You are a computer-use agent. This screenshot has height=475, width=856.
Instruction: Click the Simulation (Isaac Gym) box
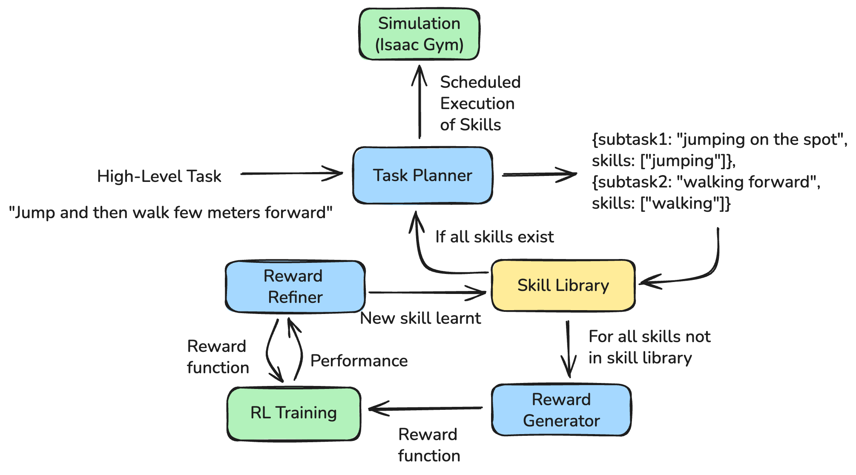[x=419, y=34]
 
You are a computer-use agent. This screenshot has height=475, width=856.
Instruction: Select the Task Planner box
[x=422, y=176]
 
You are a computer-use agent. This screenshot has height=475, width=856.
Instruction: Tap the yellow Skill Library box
[x=563, y=285]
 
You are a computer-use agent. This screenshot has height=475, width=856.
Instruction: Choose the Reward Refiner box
[x=295, y=286]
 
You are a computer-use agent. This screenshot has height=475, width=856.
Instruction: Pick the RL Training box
[x=294, y=413]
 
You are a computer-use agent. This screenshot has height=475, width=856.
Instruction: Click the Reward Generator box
[x=561, y=410]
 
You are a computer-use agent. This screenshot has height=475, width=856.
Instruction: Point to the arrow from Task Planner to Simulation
[x=419, y=102]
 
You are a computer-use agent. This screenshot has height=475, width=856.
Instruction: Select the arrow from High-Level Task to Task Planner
[x=292, y=173]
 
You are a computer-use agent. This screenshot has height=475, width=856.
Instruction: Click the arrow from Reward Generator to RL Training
[x=426, y=409]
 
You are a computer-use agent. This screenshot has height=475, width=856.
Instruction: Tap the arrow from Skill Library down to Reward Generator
[x=568, y=349]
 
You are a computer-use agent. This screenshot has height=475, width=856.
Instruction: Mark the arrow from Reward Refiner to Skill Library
[x=426, y=293]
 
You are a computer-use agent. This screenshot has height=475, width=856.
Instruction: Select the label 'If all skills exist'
[x=494, y=237]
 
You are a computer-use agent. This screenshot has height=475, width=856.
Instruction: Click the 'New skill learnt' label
[x=420, y=318]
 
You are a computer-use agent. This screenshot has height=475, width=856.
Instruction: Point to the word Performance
[x=359, y=361]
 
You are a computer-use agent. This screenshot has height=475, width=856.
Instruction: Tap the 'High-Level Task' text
[x=159, y=176]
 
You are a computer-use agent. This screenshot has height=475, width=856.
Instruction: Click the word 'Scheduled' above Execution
[x=480, y=82]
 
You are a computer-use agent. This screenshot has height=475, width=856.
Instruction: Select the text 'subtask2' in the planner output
[x=630, y=182]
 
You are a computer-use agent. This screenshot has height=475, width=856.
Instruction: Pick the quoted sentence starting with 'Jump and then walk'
[x=170, y=213]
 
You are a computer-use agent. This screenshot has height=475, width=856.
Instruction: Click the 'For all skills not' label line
[x=649, y=337]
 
